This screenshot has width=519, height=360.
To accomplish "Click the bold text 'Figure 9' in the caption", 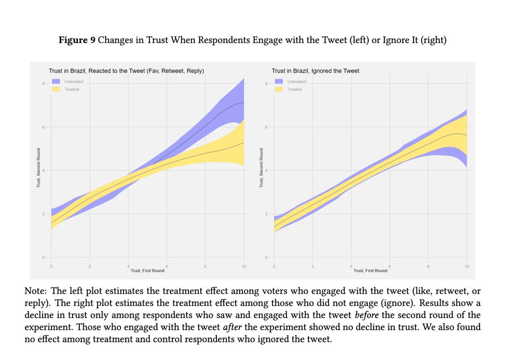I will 77,40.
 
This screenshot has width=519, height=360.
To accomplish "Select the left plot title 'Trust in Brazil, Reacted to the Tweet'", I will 126,71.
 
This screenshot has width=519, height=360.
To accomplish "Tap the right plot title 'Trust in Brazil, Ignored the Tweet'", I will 315,71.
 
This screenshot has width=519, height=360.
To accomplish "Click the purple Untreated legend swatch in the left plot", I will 56,81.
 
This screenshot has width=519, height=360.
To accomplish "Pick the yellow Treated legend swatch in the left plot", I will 56,89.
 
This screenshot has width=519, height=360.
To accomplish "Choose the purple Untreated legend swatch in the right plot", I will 279,81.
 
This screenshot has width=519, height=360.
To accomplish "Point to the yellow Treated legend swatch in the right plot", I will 279,89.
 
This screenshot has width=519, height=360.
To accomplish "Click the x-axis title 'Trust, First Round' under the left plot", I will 147,271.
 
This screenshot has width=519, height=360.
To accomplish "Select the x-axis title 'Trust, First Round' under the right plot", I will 370,271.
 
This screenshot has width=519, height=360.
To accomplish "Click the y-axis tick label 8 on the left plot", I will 44,84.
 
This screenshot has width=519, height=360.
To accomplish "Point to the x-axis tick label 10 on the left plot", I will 243,266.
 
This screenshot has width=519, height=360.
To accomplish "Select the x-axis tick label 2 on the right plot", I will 312,266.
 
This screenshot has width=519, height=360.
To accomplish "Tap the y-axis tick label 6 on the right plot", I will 266,127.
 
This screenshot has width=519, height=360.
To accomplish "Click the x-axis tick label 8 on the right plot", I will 428,266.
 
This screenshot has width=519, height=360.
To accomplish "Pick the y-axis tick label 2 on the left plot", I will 44,214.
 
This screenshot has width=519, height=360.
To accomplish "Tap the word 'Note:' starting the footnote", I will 36,290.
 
